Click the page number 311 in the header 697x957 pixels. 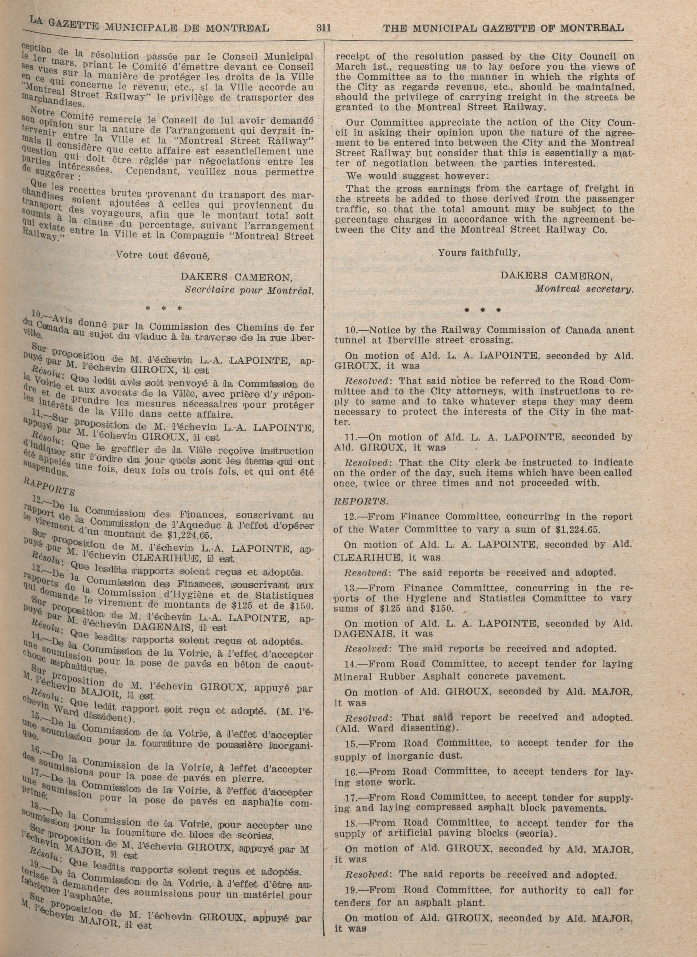click(x=323, y=28)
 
